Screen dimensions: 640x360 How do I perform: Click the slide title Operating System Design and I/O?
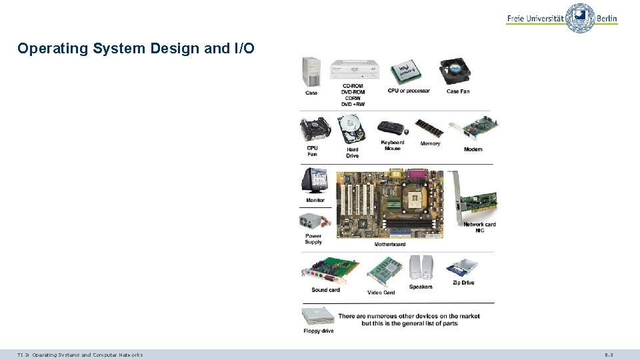(136, 49)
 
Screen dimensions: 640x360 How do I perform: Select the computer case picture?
(311, 71)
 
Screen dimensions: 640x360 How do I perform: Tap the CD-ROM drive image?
(354, 69)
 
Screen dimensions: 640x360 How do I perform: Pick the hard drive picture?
(351, 128)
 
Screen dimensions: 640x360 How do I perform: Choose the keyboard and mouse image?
(392, 128)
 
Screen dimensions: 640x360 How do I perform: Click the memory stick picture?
(429, 128)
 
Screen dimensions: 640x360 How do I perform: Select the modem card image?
(475, 130)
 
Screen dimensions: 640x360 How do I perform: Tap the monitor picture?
(315, 180)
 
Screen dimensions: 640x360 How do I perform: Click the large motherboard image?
(390, 204)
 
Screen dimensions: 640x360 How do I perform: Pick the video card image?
(385, 271)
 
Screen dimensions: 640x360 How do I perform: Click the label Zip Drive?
(463, 283)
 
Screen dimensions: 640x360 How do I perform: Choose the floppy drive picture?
(317, 316)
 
